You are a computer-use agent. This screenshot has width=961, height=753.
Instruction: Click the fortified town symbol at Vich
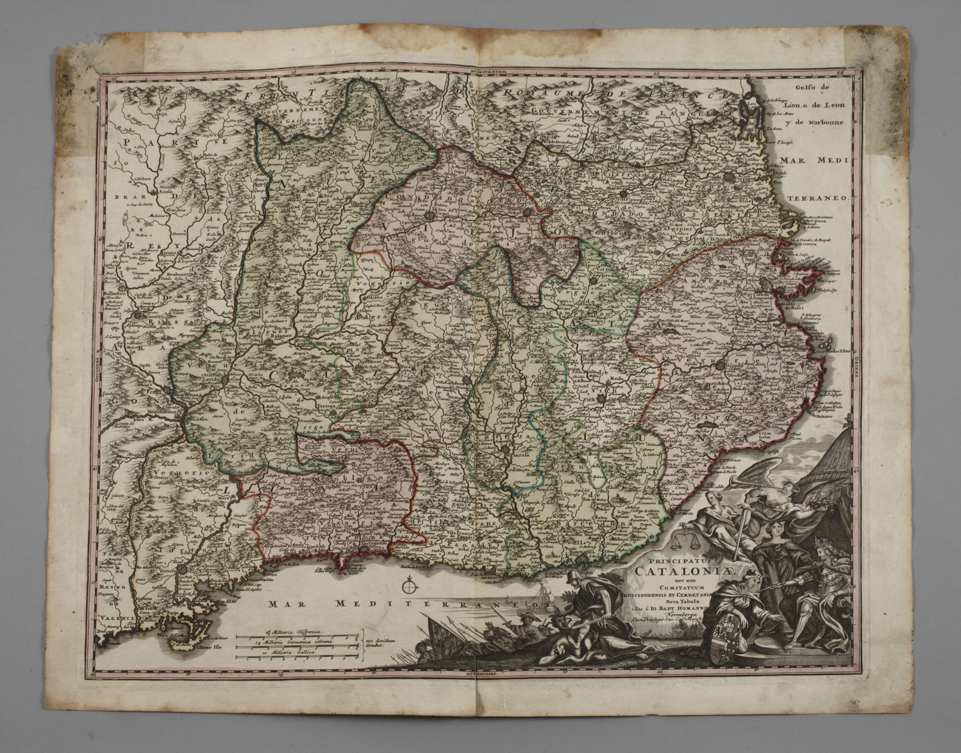[602, 399]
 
